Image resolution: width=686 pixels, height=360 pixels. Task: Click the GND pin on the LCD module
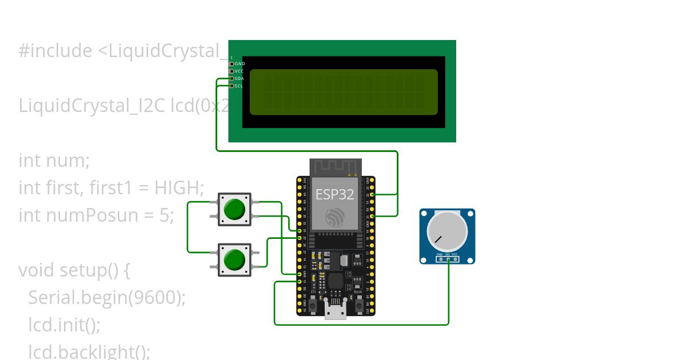point(232,64)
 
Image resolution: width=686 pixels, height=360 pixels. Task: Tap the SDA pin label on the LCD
point(239,78)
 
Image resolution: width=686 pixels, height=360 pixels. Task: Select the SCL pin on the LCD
point(232,86)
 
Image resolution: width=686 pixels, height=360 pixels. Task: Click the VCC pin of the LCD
point(232,71)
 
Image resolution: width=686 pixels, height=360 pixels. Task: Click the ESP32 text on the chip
point(335,194)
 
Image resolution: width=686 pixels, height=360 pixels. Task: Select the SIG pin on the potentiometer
point(448,259)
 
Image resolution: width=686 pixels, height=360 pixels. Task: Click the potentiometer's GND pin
point(440,259)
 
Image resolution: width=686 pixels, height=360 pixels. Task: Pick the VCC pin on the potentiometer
point(455,259)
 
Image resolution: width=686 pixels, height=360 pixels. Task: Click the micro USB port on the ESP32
point(336,311)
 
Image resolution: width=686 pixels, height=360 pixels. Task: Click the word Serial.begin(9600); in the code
point(107,298)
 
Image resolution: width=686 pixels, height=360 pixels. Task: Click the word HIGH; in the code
point(180,187)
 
